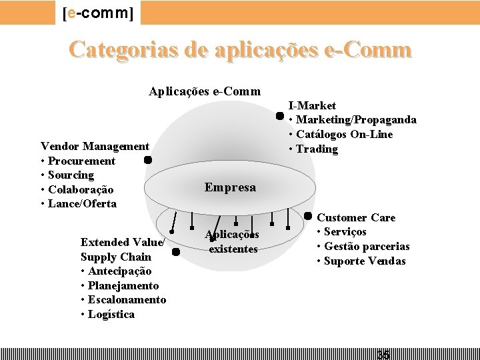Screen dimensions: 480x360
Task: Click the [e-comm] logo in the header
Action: coord(97,13)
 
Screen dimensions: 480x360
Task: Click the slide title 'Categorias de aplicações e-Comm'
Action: coord(240,50)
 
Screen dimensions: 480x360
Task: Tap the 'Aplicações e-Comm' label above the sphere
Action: coord(205,91)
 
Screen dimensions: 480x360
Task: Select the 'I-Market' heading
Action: coord(312,105)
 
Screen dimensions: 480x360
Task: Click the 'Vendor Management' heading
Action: coord(95,146)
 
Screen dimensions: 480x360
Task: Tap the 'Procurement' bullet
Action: coord(81,161)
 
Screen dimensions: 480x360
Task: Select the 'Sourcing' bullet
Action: coord(71,175)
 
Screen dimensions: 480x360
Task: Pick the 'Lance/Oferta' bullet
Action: coord(82,203)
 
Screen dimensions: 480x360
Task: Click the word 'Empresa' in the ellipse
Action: coord(230,187)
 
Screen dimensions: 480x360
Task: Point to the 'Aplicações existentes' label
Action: coord(233,242)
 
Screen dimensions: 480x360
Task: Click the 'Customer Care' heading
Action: coord(355,217)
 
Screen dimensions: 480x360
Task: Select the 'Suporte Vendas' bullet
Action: coord(365,261)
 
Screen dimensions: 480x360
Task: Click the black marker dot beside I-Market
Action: coord(281,115)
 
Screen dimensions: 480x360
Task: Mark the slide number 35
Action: coord(383,354)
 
